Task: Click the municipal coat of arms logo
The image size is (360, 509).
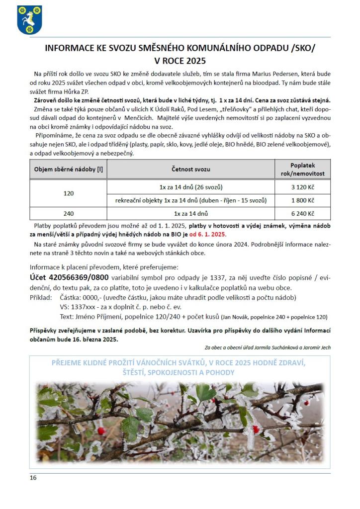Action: tap(29, 19)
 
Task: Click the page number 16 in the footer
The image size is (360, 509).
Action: tap(33, 478)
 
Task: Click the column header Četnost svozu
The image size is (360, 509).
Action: tap(191, 169)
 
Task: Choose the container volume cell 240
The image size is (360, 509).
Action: tap(69, 214)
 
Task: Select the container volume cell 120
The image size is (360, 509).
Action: tap(69, 193)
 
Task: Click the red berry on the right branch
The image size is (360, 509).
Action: tap(256, 428)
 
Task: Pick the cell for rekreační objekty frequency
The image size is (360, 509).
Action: tap(190, 200)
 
